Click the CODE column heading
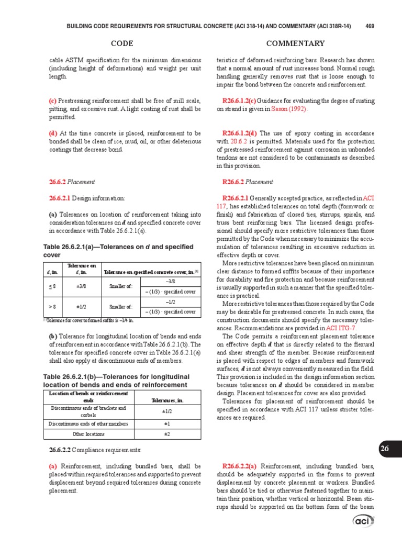pos(122,43)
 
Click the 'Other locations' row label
pos(88,434)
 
